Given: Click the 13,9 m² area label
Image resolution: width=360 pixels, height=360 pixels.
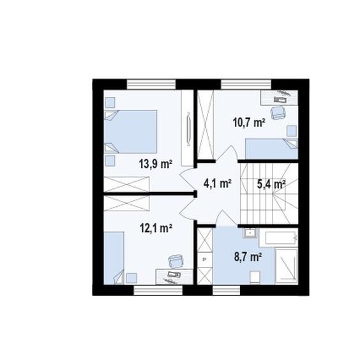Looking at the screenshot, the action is coord(156,164).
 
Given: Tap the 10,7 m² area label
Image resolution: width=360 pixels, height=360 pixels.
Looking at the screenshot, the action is coord(250,123).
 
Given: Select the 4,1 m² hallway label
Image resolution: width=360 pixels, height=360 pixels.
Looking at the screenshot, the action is coord(217,183).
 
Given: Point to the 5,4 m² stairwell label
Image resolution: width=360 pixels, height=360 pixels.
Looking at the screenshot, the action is coord(271,184).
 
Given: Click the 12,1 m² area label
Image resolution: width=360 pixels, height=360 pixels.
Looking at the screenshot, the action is coord(156,228).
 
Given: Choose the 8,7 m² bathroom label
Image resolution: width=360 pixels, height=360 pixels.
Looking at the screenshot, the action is coord(248,257).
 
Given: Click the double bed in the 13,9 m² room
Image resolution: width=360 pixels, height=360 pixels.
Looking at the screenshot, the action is coord(130,131).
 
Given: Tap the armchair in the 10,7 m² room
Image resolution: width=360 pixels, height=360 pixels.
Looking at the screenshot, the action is coord(278,112).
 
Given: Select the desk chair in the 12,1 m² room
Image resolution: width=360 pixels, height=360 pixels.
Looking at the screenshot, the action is coord(176,261).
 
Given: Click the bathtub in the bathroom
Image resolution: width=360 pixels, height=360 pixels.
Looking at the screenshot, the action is coord(278,238).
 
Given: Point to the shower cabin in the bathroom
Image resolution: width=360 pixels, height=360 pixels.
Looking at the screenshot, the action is coord(287,266).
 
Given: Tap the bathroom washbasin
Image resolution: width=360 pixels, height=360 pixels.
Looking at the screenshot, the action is coord(250,233).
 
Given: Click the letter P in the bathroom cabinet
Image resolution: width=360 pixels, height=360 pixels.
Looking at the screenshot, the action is coord(204,259).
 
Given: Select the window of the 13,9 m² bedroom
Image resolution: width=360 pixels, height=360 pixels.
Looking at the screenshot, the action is coord(151,84).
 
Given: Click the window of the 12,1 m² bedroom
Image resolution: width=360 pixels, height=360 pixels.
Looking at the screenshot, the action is coord(158,290).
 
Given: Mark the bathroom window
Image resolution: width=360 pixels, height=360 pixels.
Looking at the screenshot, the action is coord(227,290).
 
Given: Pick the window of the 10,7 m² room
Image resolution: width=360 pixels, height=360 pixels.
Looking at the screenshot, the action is coord(246,84).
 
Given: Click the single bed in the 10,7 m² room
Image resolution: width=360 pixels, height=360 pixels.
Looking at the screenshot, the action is coord(272,149).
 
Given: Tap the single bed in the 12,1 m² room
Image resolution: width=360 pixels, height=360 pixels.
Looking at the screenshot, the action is coord(114,258).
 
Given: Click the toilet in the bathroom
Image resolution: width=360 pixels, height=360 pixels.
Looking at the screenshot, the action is coord(255,278).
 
